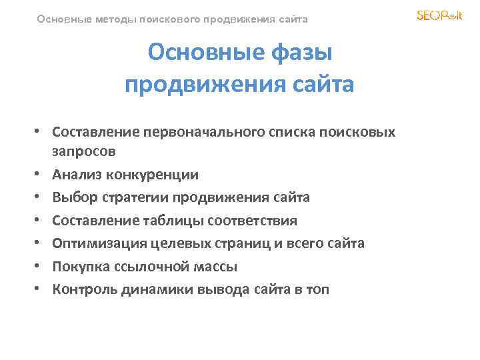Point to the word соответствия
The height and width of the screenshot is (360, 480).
tap(253, 220)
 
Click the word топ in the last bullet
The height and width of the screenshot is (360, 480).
tap(317, 289)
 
